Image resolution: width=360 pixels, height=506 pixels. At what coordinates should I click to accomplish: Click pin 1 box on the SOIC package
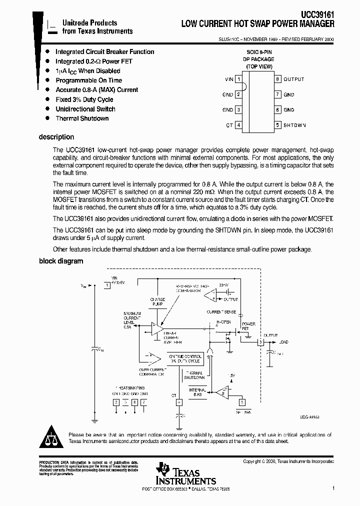239,79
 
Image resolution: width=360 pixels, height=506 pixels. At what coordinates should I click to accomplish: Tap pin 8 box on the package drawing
277,79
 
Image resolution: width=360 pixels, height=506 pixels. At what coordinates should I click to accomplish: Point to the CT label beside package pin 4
229,125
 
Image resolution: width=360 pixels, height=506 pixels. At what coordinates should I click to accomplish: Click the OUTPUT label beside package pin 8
293,79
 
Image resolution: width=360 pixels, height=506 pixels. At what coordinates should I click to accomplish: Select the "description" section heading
56,137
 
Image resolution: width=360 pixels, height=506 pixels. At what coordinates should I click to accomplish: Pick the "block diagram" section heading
61,261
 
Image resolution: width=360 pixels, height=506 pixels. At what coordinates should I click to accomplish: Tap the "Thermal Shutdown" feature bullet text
82,118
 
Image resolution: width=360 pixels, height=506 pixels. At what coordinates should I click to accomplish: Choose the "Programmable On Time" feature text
88,80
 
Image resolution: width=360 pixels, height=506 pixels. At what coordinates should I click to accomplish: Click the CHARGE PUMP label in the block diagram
157,301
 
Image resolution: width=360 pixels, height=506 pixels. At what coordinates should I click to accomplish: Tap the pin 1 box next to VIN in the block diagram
106,285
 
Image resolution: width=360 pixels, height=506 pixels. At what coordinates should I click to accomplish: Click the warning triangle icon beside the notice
51,437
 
